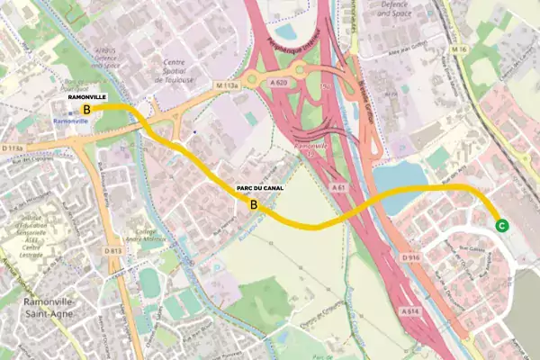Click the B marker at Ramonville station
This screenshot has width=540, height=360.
pyautogui.click(x=86, y=109)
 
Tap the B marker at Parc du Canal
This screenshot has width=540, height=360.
pyautogui.click(x=254, y=205)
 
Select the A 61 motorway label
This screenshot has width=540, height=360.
pyautogui.click(x=338, y=187)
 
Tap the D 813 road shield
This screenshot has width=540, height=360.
pyautogui.click(x=112, y=250)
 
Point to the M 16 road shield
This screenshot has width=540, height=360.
pyautogui.click(x=462, y=49)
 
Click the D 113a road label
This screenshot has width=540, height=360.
pyautogui.click(x=12, y=147)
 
